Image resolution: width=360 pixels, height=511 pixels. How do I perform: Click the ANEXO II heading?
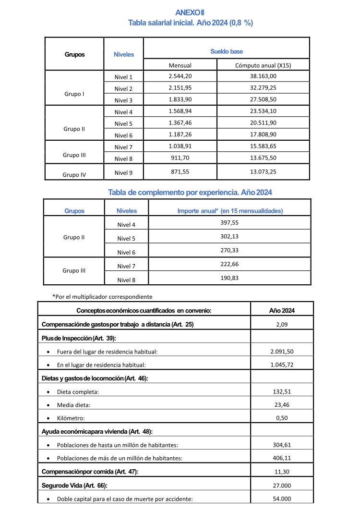pos(190,12)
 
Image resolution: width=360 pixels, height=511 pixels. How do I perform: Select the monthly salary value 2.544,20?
pos(180,76)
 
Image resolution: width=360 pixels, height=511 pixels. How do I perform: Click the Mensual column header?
pos(180,65)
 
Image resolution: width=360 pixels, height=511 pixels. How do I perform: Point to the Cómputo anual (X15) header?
pos(263,65)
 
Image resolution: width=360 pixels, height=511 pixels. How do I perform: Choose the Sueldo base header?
pos(227,51)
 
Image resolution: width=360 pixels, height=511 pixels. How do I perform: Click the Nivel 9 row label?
pos(123,173)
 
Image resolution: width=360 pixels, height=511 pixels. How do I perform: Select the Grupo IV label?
pos(74,175)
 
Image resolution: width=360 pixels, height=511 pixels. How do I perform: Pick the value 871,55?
pos(180,171)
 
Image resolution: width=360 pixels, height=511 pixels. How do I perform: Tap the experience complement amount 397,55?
pos(229,222)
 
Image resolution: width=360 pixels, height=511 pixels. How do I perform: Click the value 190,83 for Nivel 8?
pos(229,278)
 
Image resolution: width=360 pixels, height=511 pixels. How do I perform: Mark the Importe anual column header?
pos(230,211)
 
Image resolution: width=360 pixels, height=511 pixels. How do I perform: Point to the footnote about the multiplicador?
pos(102,296)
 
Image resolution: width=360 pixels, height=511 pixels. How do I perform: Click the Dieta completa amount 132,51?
pos(282,391)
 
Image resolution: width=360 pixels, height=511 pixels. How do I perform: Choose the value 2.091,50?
pos(282,351)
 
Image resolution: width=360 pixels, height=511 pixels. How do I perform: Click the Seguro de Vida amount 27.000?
pos(282,485)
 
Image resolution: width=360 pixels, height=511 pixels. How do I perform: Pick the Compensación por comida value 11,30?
pos(282,472)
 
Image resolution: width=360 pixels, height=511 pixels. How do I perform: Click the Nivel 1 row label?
pos(123,77)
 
